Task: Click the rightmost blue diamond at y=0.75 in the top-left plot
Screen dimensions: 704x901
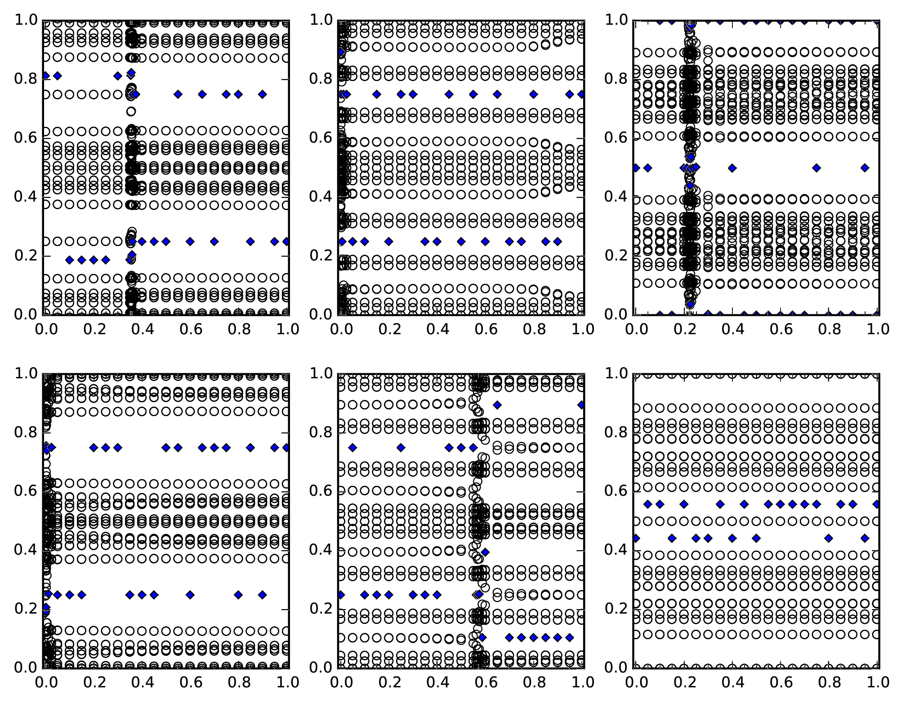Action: (x=263, y=94)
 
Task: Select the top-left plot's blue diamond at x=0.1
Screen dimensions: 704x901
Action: (x=69, y=260)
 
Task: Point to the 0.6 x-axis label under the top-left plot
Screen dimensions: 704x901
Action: (x=190, y=330)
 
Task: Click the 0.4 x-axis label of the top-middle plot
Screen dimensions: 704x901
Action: (x=437, y=330)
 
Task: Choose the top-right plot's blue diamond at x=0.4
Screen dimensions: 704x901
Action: (x=732, y=168)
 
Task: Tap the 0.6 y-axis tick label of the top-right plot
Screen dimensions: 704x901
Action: (x=615, y=138)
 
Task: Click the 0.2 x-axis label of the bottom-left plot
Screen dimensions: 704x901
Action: (x=93, y=683)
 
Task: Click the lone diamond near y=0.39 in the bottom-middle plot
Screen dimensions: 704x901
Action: (x=485, y=552)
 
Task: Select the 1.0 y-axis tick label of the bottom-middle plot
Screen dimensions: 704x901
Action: (x=320, y=373)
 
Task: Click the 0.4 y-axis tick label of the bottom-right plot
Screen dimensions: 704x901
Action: (x=615, y=550)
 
